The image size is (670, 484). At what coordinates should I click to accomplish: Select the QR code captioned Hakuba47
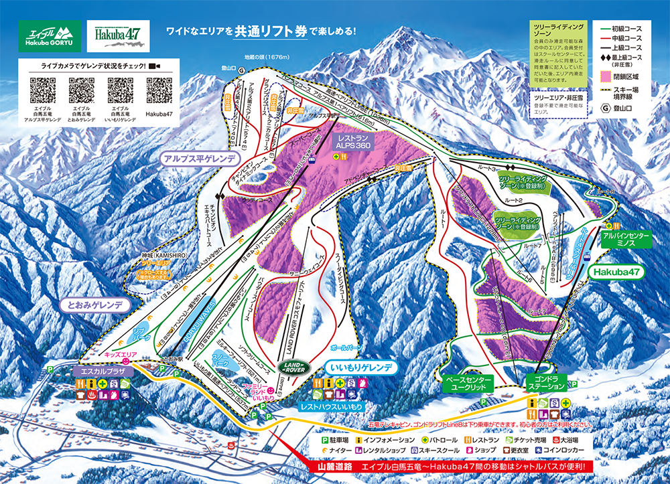pos(159,90)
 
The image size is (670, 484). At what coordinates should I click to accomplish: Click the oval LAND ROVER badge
pos(293,368)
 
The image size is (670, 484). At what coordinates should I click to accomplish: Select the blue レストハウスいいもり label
pos(331,406)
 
